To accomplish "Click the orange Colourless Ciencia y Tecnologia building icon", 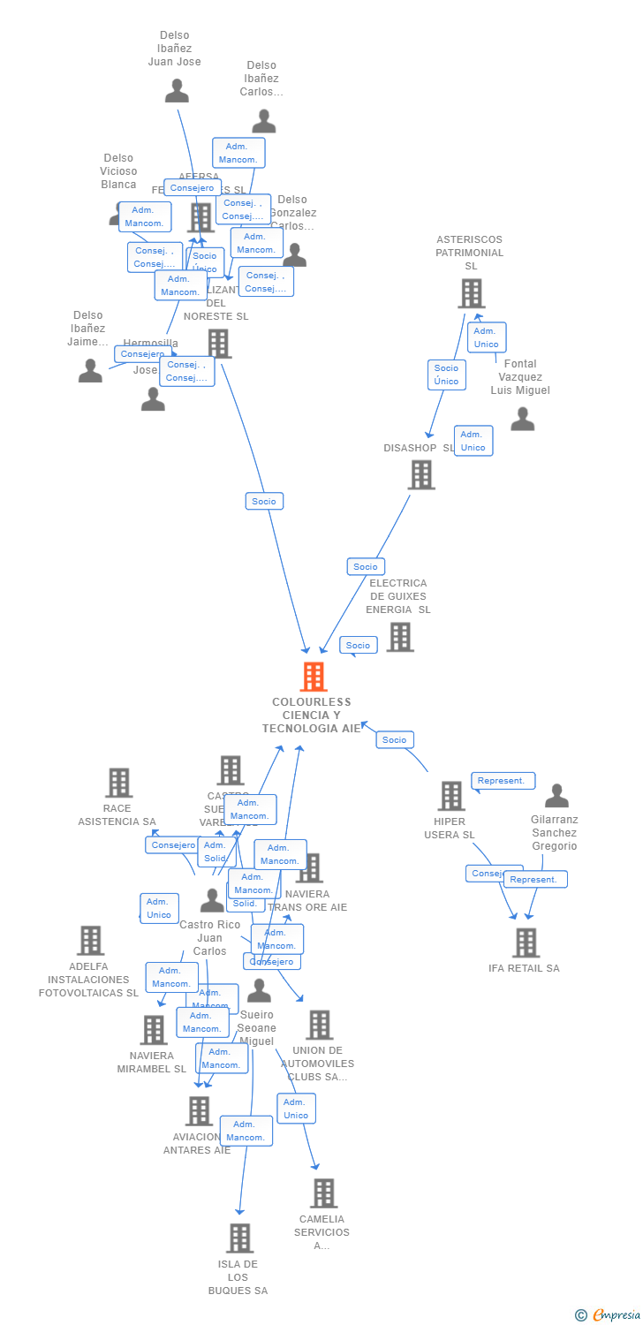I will tap(314, 677).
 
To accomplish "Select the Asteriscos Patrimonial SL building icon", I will tap(472, 293).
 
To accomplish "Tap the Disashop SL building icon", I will tap(421, 474).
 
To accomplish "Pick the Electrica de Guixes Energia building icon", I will tap(399, 636).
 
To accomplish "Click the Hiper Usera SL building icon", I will tap(451, 796).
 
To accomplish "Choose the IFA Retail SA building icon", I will tap(526, 943).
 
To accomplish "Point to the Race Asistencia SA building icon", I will tap(118, 783).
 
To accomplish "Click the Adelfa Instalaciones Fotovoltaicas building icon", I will tap(90, 941).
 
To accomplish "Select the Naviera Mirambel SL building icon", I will tap(154, 1030).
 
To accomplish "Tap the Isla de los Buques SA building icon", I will tap(239, 1238).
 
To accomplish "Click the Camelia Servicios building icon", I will tap(323, 1193).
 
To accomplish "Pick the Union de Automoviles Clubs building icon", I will tap(319, 1025).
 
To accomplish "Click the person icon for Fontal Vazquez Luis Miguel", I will tap(523, 419).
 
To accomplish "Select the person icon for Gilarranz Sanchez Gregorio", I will tap(556, 796).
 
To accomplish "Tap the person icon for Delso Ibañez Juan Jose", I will tap(177, 91).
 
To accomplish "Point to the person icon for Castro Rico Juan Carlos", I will tap(212, 900).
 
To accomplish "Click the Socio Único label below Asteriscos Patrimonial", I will tap(446, 375).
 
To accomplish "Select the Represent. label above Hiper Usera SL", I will tap(503, 781).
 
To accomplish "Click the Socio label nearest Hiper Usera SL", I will tap(394, 740).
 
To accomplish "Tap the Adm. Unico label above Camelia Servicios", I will tap(296, 1109).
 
